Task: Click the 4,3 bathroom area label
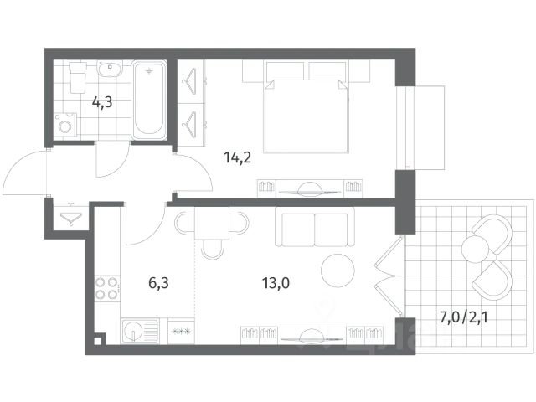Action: (102, 102)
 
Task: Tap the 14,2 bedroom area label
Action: (238, 157)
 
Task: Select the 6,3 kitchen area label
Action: (158, 283)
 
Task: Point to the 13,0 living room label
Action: (276, 283)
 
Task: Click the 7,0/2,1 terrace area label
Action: (463, 317)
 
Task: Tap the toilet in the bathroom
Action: (78, 77)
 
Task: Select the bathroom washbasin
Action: (110, 69)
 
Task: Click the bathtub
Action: (149, 100)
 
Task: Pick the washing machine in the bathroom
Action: (65, 126)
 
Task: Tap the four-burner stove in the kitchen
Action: (106, 288)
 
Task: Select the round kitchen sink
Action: (133, 332)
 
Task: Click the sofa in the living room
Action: (315, 226)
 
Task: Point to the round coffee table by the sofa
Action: (338, 271)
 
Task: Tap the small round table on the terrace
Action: (475, 249)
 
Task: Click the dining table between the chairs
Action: (212, 224)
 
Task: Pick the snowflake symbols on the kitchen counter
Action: (181, 331)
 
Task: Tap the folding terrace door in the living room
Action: (388, 276)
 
